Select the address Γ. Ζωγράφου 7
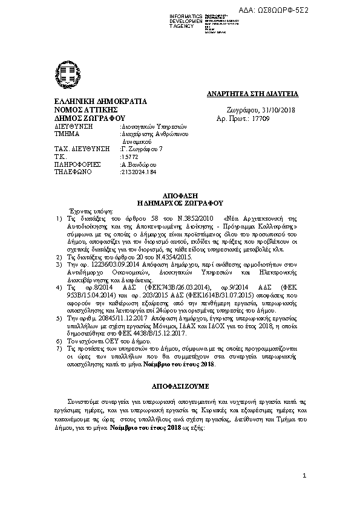[x=143, y=148]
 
